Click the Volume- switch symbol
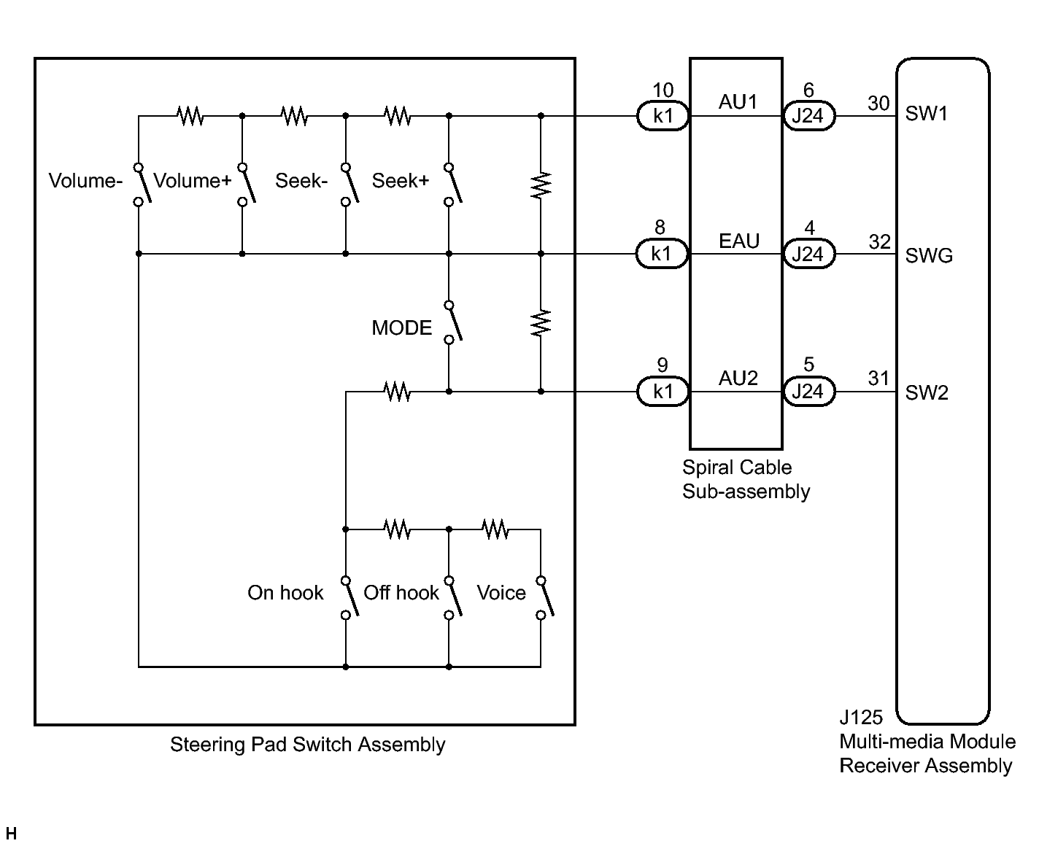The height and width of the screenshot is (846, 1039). click(x=142, y=185)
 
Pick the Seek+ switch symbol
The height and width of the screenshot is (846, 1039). click(x=452, y=185)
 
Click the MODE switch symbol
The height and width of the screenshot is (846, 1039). click(x=452, y=322)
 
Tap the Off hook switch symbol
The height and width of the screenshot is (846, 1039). click(x=452, y=598)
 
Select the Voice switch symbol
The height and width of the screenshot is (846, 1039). click(x=544, y=598)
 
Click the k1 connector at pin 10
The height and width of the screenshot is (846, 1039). click(x=663, y=116)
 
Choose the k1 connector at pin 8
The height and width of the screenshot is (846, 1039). click(x=662, y=254)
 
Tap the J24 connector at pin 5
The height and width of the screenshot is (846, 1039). click(x=808, y=392)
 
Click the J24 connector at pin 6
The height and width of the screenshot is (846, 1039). click(x=808, y=116)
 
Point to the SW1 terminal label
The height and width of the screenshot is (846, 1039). click(x=926, y=114)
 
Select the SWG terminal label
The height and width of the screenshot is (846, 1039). click(x=929, y=255)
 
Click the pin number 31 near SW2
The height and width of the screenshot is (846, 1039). click(x=878, y=379)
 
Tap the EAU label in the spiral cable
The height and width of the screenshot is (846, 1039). click(x=739, y=241)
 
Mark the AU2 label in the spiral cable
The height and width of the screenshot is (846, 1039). click(x=738, y=379)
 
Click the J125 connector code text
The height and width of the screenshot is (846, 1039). click(x=861, y=717)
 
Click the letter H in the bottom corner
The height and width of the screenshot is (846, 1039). click(x=11, y=834)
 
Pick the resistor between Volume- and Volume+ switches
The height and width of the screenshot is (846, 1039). click(x=190, y=116)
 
